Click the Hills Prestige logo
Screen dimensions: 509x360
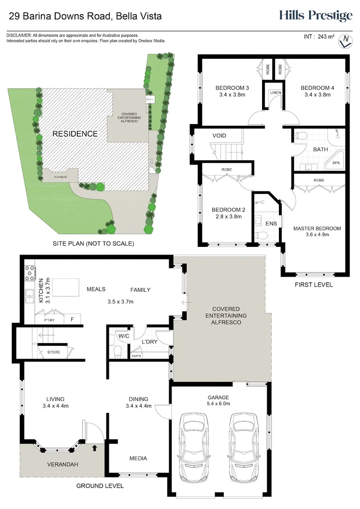click(315, 16)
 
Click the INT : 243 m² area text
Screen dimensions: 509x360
click(318, 36)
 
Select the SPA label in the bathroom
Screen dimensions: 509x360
click(336, 163)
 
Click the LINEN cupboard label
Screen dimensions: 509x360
click(275, 92)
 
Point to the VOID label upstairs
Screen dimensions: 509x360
click(219, 136)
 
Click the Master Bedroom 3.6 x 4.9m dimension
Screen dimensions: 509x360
click(317, 234)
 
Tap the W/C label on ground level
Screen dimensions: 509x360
click(124, 336)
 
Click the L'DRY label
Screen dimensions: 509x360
click(149, 341)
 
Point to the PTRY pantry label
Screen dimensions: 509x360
click(49, 320)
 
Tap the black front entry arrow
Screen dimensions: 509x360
click(95, 447)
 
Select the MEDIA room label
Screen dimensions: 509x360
click(138, 458)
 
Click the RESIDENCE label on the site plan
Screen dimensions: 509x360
click(75, 134)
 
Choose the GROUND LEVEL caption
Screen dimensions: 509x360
click(100, 486)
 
